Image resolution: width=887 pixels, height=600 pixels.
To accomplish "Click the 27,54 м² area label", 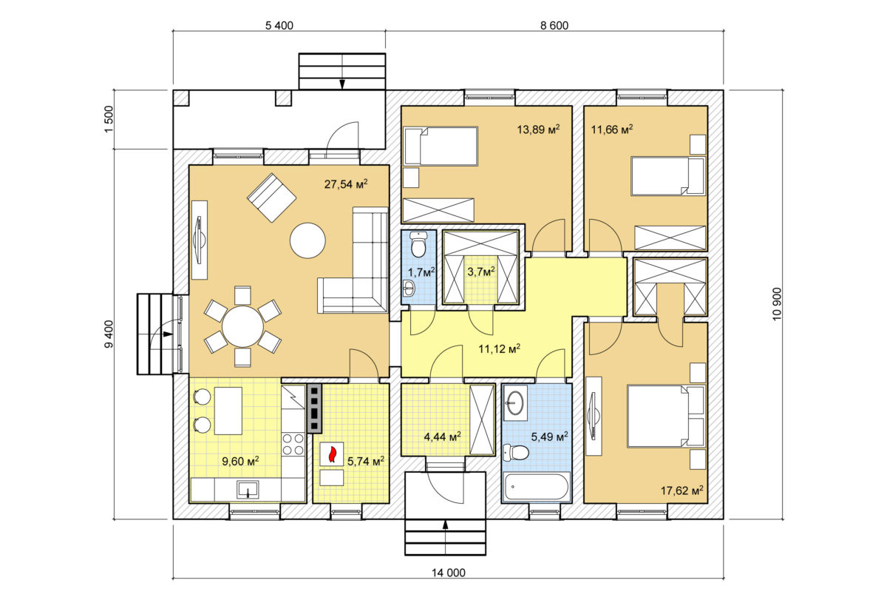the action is [346, 184].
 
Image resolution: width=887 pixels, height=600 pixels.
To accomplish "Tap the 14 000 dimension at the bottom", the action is [448, 573].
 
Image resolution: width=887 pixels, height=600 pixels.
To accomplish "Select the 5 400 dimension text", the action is [279, 26].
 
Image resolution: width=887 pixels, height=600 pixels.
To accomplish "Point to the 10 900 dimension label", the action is [777, 304].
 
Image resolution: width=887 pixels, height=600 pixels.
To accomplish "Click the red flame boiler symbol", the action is [332, 454].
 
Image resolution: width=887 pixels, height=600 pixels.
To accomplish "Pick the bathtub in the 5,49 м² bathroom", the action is [537, 486].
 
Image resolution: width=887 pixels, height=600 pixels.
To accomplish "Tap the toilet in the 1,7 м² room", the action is [418, 244].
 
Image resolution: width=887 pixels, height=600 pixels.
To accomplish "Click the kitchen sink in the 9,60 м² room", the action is [248, 490].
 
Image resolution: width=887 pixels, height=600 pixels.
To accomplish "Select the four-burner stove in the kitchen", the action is [293, 444].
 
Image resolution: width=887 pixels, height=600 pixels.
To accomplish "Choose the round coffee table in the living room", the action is [307, 240].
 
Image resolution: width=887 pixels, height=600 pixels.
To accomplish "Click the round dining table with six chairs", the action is [242, 326].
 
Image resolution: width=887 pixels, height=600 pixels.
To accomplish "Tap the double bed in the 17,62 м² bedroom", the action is [666, 416].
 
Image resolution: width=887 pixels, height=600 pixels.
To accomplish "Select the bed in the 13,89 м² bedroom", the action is [440, 146].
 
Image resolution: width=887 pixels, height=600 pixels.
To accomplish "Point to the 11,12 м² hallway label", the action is [499, 348].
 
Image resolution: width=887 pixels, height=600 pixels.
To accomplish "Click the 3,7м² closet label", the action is [480, 272].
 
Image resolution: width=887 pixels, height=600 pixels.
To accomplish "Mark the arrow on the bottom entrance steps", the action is [446, 525].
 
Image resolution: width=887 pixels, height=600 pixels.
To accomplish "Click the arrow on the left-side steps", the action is [168, 334].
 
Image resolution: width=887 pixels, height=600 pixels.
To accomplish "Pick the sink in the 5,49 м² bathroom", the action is [515, 403].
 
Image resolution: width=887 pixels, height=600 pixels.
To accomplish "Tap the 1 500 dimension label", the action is [109, 119].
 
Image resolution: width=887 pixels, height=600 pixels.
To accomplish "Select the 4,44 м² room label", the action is [442, 436].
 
